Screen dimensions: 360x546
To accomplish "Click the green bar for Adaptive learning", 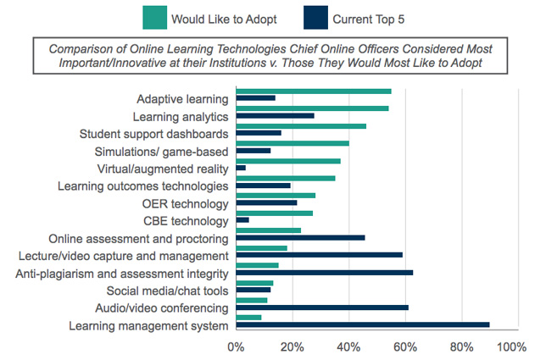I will pos(314,91).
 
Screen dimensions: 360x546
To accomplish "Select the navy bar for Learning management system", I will pos(363,325).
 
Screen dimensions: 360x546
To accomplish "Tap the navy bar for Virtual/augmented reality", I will pos(241,169).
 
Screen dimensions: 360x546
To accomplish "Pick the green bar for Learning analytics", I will pos(312,108).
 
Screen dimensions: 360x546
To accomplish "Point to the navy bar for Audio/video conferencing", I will pos(322,307).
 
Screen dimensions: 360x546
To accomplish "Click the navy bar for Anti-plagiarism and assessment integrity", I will pos(325,273).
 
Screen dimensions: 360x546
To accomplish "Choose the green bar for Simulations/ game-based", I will pos(292,143).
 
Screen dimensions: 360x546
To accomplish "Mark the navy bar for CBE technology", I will pos(242,220).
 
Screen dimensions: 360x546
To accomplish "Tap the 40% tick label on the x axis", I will pos(349,346).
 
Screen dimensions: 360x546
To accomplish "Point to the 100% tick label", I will pos(511,346).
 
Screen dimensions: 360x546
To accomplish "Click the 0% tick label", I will pos(237,346).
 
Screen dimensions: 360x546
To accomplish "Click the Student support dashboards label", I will pos(153,134).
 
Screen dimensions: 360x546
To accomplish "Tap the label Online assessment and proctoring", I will pos(139,238).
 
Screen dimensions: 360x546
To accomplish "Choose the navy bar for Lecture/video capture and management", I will pos(320,255).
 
